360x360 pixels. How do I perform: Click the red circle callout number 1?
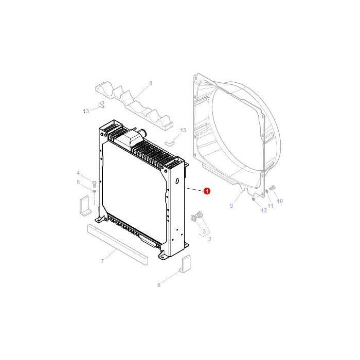click(207, 191)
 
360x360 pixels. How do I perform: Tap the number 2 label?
click(210, 239)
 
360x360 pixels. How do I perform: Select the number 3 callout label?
click(204, 232)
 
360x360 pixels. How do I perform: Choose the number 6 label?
click(158, 284)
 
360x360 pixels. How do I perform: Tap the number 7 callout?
click(102, 262)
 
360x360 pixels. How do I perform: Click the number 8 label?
click(151, 83)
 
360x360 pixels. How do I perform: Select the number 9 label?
click(231, 206)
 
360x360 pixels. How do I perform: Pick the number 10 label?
click(280, 201)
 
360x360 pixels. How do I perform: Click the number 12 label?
click(264, 210)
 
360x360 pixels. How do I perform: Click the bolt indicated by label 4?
click(94, 183)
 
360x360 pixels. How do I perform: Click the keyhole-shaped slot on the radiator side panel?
click(177, 182)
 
